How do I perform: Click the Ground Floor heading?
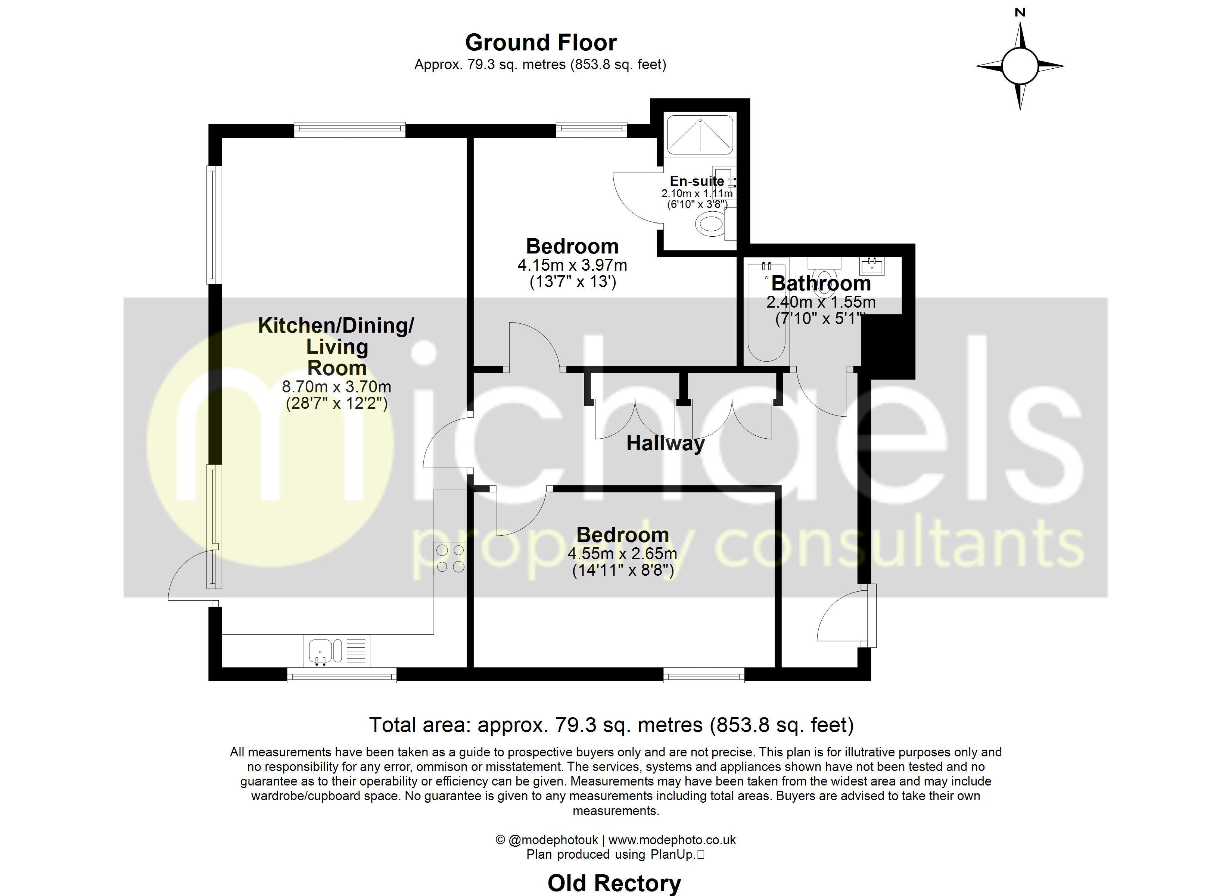click(541, 43)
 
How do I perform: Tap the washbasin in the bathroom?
click(872, 266)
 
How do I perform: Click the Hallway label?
click(665, 444)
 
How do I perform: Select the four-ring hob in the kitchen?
click(450, 559)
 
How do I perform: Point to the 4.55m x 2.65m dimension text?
click(622, 554)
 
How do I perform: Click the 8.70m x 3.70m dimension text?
click(336, 387)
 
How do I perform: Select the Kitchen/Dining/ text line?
click(336, 326)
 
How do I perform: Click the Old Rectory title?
click(614, 883)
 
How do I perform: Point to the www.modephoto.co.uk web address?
click(672, 840)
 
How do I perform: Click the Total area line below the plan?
click(611, 725)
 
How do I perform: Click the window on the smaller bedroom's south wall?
click(703, 676)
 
